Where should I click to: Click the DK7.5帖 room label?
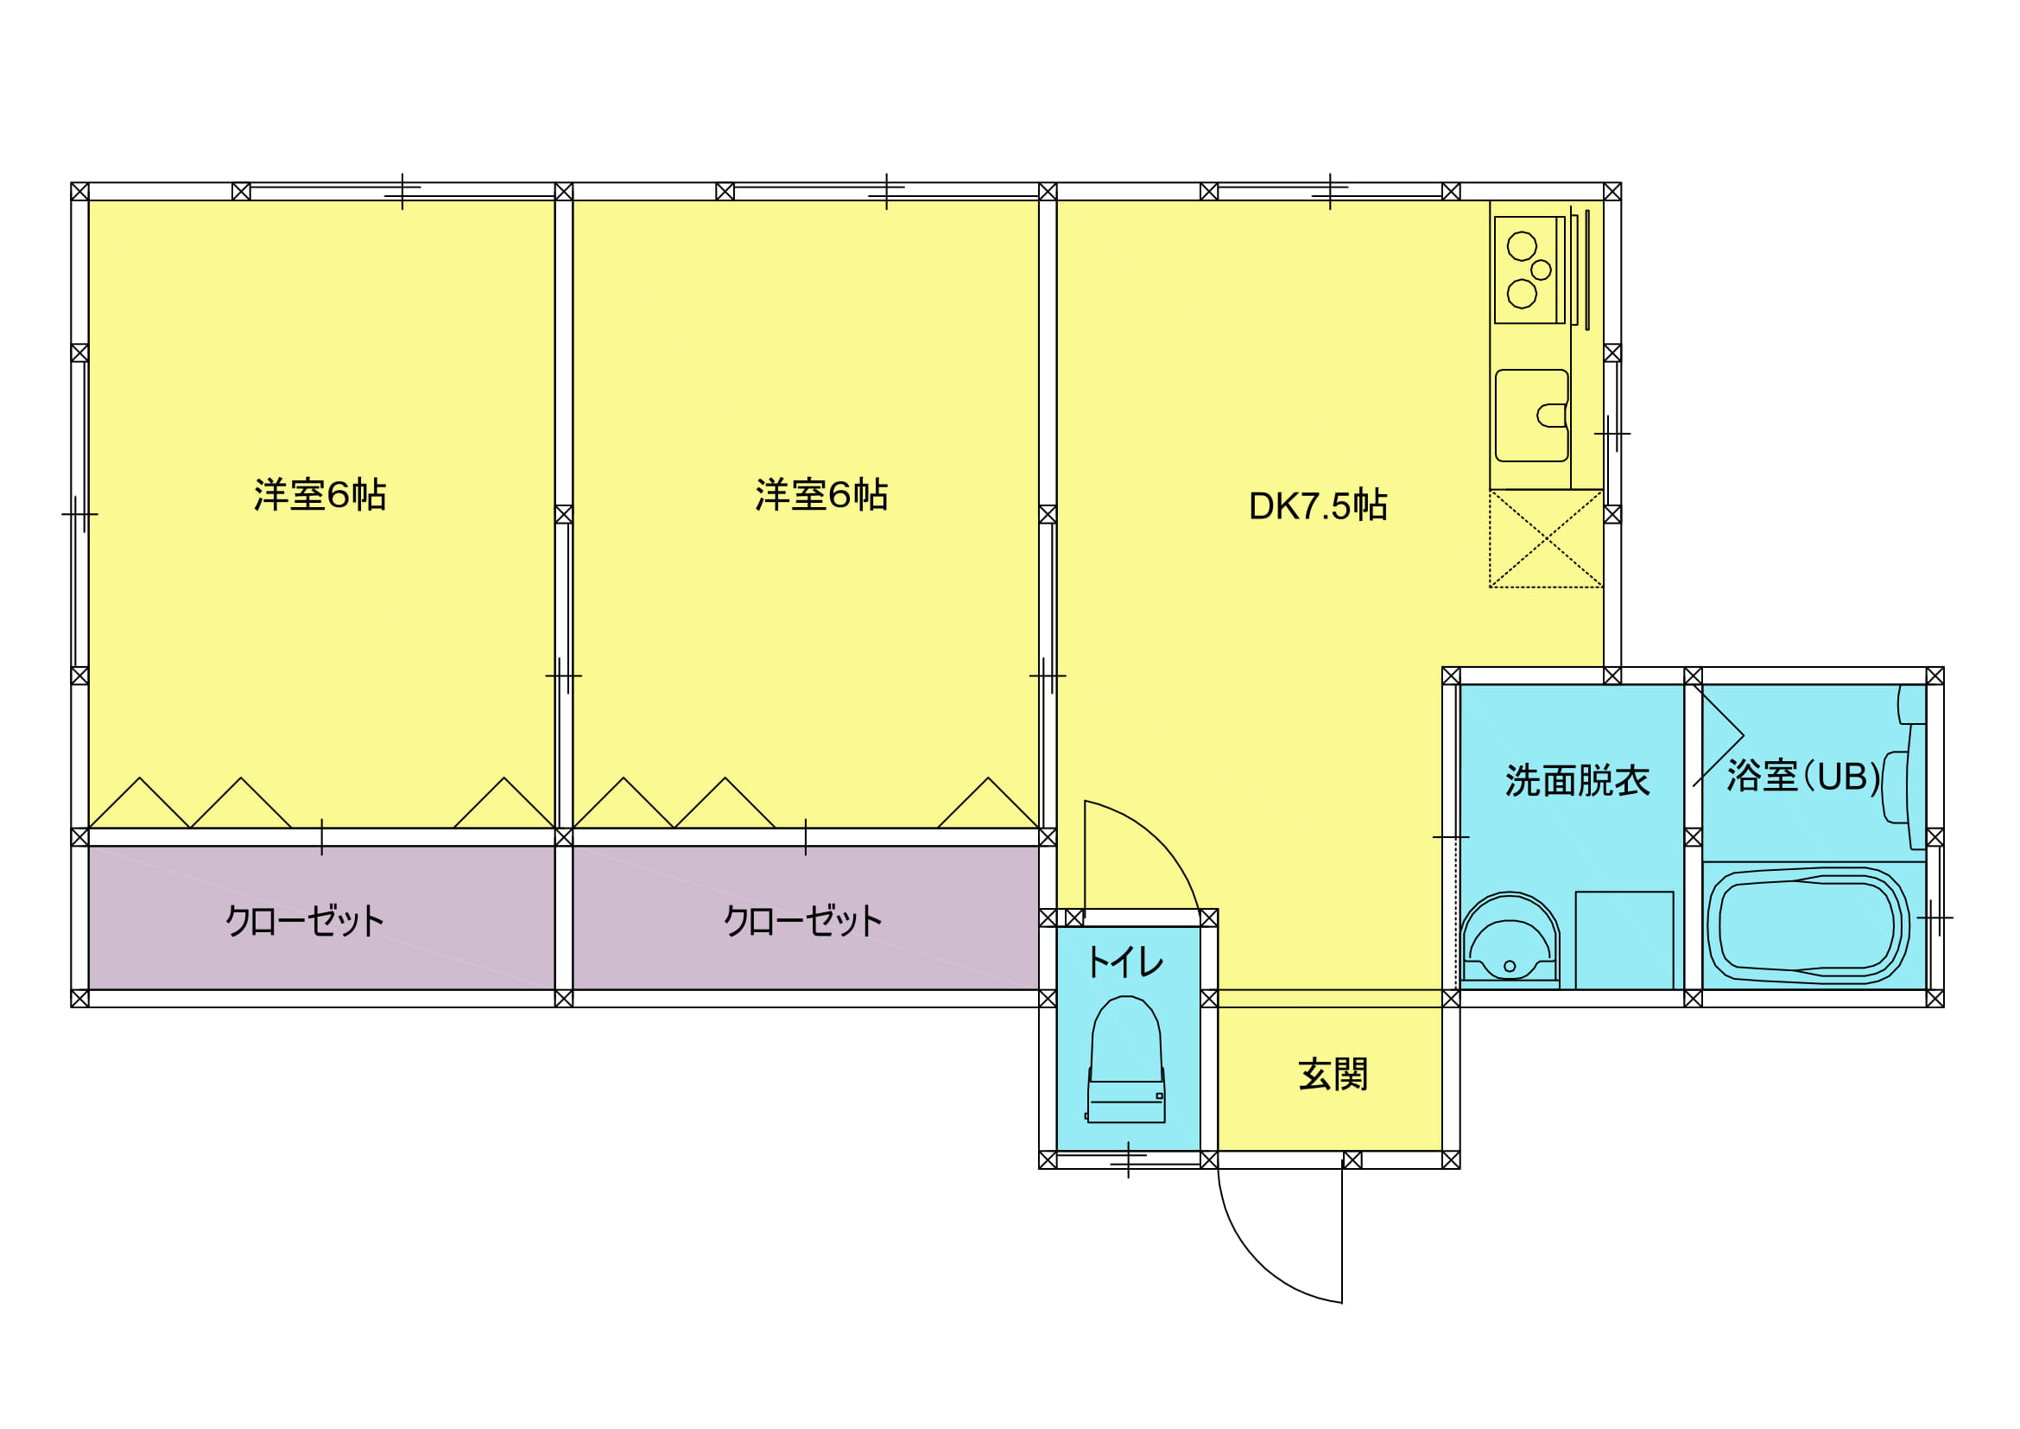coord(1318,506)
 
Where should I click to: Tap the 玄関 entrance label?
coord(1333,1076)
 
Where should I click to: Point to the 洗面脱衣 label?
coord(1578,780)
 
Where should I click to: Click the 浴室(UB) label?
coord(1802,776)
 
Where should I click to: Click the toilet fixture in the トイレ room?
coord(1126,1059)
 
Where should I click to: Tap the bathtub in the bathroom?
coord(1808,926)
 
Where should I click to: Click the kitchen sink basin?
coord(1532,416)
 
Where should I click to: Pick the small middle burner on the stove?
coord(1541,270)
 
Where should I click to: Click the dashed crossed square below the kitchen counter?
coord(1546,538)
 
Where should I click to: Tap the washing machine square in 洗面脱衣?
coord(1624,941)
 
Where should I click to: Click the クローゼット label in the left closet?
coord(304,921)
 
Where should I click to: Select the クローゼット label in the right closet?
coord(802,921)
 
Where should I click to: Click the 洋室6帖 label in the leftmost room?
coord(320,494)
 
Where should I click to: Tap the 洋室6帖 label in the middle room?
coord(821,494)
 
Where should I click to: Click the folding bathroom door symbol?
coord(1718,735)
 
